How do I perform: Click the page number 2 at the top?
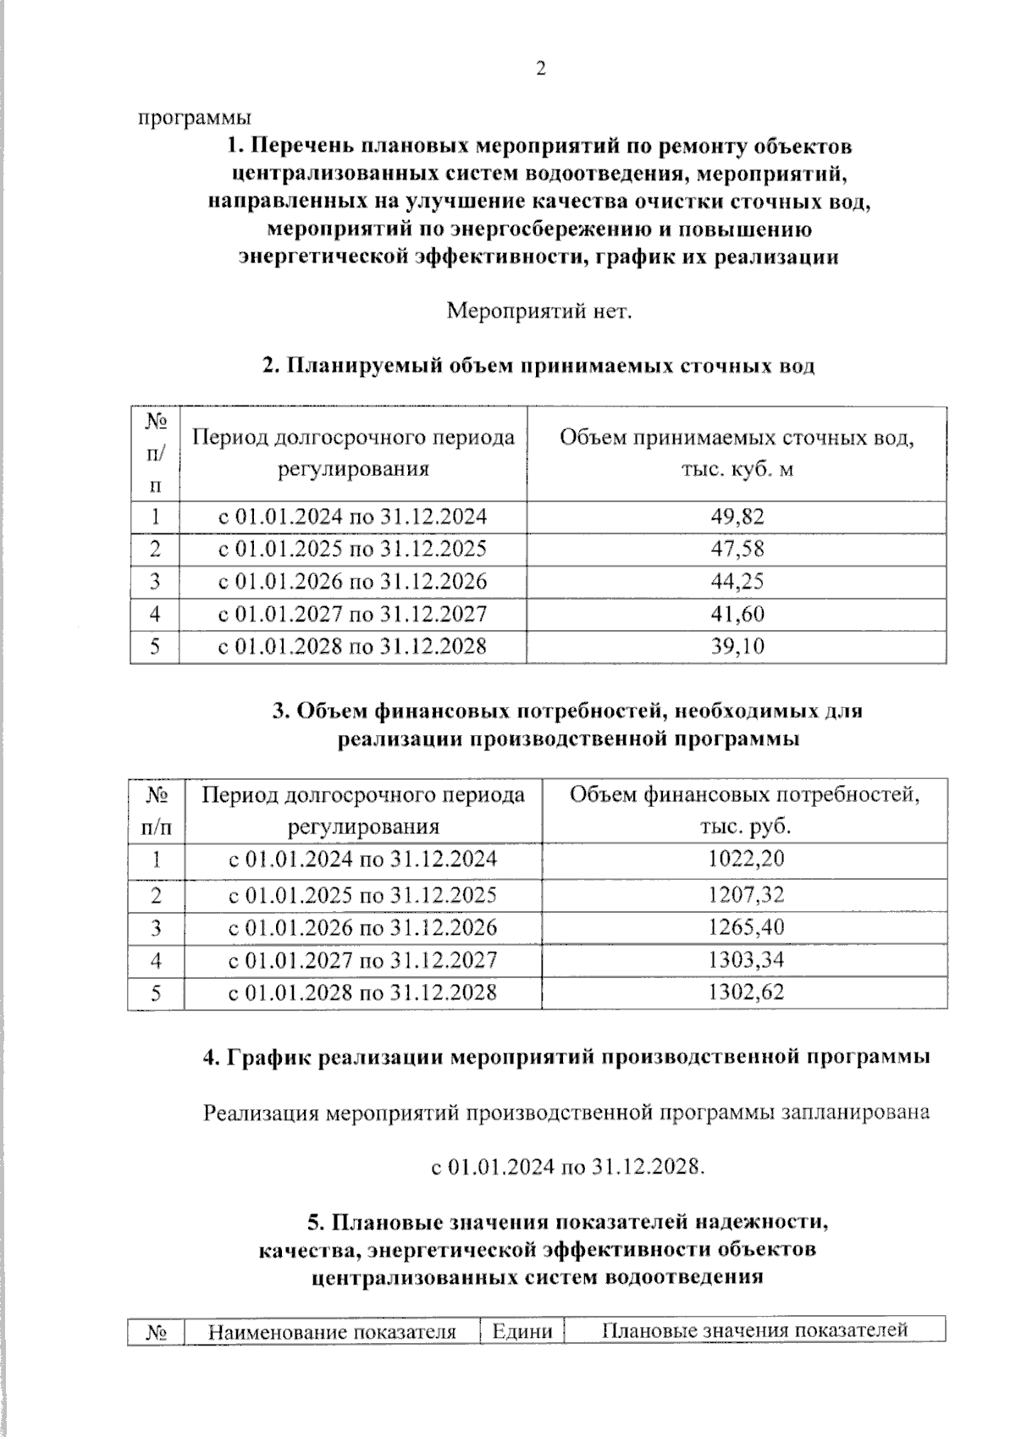click(x=541, y=69)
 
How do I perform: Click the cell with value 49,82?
click(x=737, y=517)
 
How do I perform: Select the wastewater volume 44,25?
click(x=737, y=582)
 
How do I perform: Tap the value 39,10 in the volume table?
click(x=737, y=647)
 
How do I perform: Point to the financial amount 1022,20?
click(x=745, y=859)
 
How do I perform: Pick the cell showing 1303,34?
click(x=745, y=959)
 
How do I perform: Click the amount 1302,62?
click(x=745, y=992)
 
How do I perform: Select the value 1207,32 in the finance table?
click(x=745, y=894)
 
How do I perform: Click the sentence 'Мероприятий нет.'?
click(x=539, y=312)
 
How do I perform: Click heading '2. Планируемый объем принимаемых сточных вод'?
click(x=538, y=366)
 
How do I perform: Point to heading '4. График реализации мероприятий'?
click(x=567, y=1058)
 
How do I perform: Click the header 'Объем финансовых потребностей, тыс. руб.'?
click(x=744, y=810)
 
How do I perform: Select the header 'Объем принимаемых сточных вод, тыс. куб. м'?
click(x=737, y=453)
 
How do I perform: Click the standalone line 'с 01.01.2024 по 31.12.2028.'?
click(x=567, y=1167)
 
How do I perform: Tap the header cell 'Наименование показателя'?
click(x=332, y=1332)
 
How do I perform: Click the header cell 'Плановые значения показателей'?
click(x=754, y=1330)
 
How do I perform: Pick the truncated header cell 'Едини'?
click(x=522, y=1332)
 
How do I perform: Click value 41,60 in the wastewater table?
click(x=737, y=614)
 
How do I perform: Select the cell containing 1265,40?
click(x=745, y=926)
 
